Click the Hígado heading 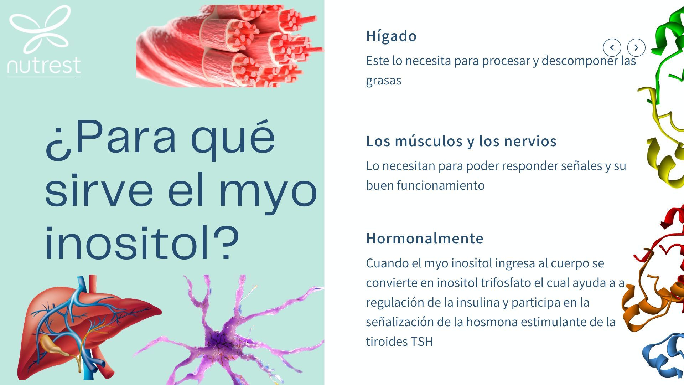[x=391, y=36]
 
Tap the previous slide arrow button [x=612, y=47]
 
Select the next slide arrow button [x=636, y=47]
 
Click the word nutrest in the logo [x=44, y=66]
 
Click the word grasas [x=384, y=81]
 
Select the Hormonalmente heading [x=425, y=238]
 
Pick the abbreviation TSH [x=421, y=342]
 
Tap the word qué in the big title [x=233, y=137]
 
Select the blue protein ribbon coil [x=664, y=355]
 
